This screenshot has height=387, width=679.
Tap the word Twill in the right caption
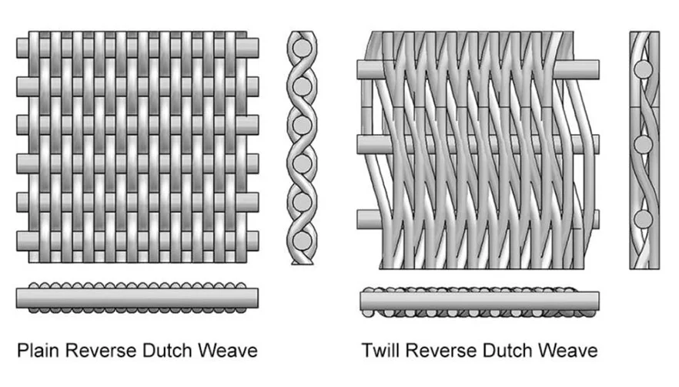(380, 351)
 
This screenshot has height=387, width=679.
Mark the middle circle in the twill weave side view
(644, 145)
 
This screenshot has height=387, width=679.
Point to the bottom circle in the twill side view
(644, 219)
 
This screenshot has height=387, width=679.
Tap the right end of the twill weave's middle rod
(591, 144)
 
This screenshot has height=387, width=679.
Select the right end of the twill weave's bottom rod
(591, 219)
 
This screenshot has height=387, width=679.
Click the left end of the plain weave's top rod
(22, 48)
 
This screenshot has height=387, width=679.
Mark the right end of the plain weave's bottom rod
(253, 240)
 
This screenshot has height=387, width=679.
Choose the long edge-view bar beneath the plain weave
(137, 298)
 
